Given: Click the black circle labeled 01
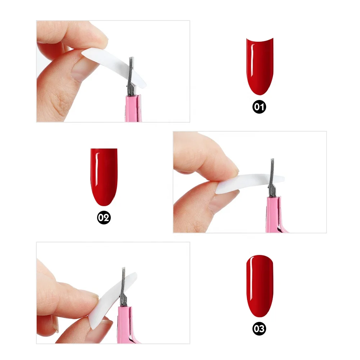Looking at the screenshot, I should [259, 107].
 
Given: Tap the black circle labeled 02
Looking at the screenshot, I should [104, 218].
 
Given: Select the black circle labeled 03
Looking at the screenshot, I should [259, 328].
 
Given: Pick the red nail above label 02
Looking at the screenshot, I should [104, 176].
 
